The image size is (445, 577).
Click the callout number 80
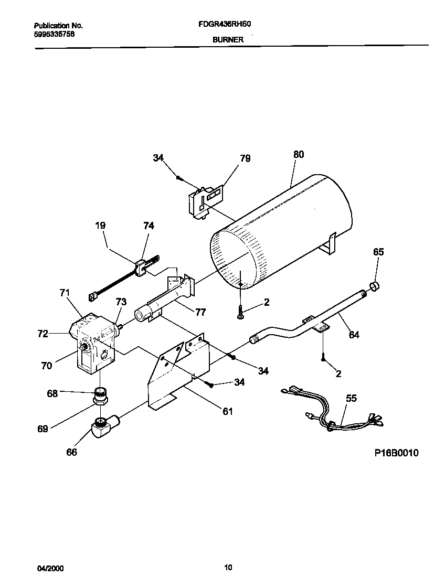298,155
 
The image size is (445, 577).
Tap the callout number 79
245,158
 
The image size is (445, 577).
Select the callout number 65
378,252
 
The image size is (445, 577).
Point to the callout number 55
351,399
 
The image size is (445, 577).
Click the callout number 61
227,411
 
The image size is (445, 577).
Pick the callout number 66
71,452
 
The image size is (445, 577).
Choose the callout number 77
200,313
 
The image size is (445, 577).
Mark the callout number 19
100,226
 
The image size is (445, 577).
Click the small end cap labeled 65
375,286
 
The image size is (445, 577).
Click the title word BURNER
228,39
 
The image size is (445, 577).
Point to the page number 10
228,567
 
